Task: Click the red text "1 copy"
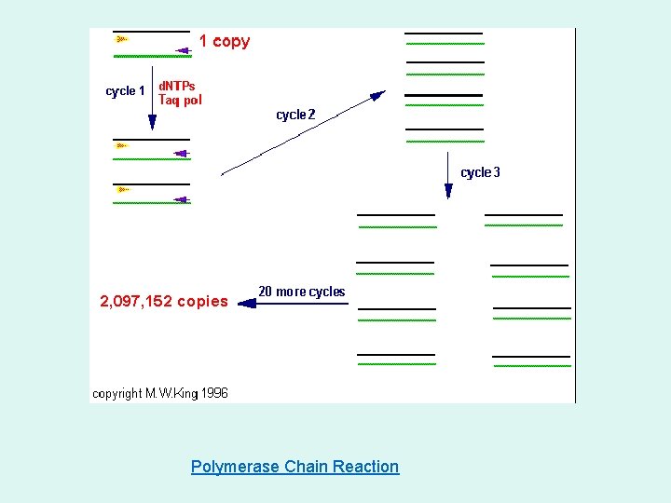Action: click(224, 41)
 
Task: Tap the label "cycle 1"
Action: click(125, 91)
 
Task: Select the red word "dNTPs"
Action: click(177, 86)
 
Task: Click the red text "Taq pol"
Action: click(180, 100)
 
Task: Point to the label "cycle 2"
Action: click(295, 115)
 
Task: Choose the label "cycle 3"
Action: click(480, 172)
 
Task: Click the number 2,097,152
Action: click(136, 301)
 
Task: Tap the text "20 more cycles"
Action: click(301, 292)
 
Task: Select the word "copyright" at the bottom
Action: click(117, 393)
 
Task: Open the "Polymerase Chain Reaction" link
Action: click(294, 467)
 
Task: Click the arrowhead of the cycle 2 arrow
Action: click(377, 94)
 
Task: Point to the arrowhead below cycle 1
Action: click(152, 123)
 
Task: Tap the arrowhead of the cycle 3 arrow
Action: click(448, 191)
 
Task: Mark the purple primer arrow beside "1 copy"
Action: click(182, 41)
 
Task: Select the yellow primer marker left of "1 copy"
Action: click(121, 39)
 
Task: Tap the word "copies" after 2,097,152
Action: click(202, 301)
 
